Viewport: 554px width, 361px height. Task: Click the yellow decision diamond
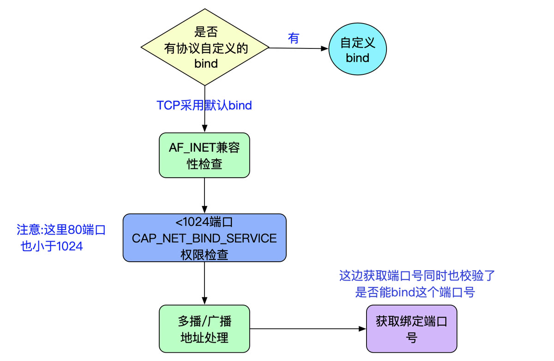205,48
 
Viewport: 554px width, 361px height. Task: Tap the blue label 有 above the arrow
294,38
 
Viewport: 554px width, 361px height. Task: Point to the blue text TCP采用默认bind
204,105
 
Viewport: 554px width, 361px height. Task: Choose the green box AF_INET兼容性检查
204,155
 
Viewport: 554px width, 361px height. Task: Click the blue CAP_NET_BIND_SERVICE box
204,238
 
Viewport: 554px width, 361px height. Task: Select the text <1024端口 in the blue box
204,223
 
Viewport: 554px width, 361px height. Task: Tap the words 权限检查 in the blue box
204,254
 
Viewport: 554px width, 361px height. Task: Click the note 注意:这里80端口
61,229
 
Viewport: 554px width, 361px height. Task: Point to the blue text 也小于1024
52,246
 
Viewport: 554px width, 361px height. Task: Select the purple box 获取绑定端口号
411,329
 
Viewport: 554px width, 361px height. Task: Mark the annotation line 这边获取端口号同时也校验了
417,276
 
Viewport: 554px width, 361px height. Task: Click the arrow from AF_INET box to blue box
204,195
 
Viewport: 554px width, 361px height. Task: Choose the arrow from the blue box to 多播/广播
204,283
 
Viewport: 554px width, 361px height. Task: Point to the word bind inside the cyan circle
357,58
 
